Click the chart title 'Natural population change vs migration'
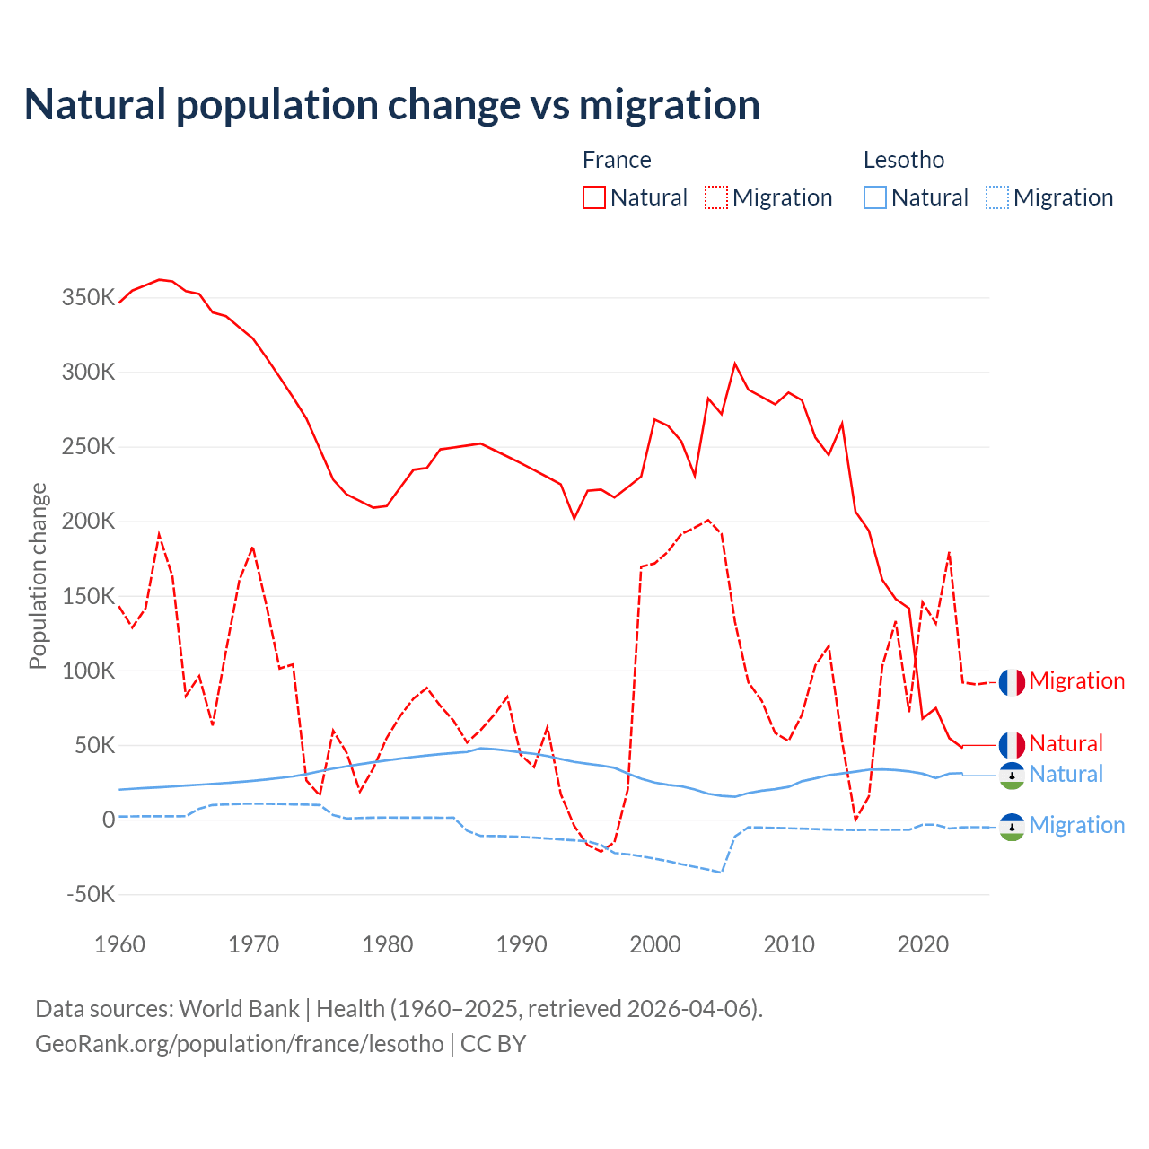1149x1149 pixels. tap(392, 105)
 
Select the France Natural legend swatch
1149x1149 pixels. tap(594, 197)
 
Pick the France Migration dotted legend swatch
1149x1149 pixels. tap(716, 197)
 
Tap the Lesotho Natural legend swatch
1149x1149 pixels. tap(875, 197)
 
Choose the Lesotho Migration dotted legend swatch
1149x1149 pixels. tap(997, 197)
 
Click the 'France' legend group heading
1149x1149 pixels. tap(617, 160)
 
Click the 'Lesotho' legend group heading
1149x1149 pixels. tap(904, 160)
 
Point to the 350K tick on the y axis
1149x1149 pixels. tap(88, 297)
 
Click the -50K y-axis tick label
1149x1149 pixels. tap(91, 894)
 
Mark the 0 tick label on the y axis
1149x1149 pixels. tap(109, 820)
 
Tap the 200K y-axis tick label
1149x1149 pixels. tap(88, 522)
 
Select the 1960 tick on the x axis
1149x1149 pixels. tap(119, 944)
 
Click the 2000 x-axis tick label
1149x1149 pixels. tap(655, 944)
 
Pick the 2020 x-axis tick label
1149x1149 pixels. tap(923, 944)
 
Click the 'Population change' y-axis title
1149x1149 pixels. tap(38, 575)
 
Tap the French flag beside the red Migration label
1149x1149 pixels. tap(1012, 682)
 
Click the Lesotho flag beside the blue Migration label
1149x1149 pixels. tap(1012, 827)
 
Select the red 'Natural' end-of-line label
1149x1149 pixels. tap(1066, 744)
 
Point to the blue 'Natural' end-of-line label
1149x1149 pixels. tap(1066, 775)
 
